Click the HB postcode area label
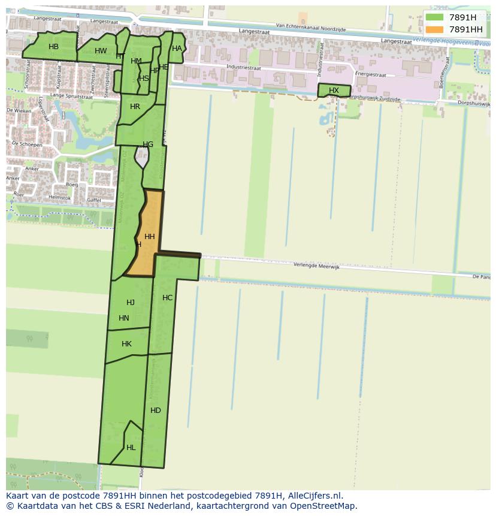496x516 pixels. (x=53, y=47)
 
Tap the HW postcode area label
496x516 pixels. (x=101, y=51)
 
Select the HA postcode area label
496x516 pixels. (x=177, y=49)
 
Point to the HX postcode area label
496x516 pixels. (x=334, y=90)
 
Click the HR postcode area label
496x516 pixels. (x=135, y=107)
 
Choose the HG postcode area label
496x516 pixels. (x=148, y=144)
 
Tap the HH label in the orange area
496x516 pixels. (x=150, y=237)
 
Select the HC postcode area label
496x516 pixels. (x=168, y=298)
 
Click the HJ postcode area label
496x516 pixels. (x=131, y=303)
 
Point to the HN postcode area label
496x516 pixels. (x=124, y=318)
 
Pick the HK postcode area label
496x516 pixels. (x=126, y=344)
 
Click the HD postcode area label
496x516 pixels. (x=156, y=411)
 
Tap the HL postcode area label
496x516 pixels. (x=131, y=448)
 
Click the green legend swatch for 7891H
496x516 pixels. (x=434, y=17)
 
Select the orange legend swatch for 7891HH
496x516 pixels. (x=434, y=29)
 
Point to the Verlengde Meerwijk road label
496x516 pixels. (x=316, y=265)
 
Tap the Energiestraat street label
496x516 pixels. (x=370, y=74)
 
